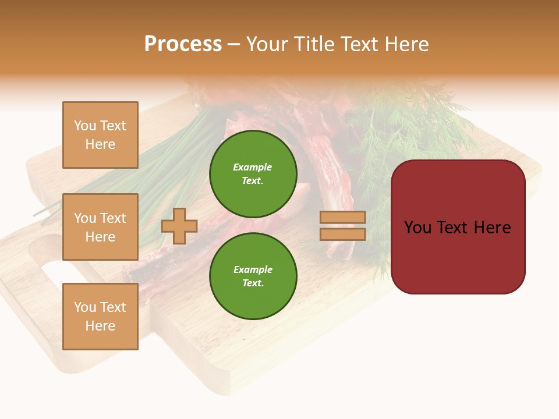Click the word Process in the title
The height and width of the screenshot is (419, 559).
point(183,44)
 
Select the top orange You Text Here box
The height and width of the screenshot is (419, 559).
point(100,135)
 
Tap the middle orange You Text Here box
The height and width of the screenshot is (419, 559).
point(100,227)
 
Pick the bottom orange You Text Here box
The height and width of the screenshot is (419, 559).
point(100,317)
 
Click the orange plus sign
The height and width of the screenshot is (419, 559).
point(179,226)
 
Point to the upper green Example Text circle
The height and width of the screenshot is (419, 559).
point(253,173)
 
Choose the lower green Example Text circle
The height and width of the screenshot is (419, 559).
point(253,276)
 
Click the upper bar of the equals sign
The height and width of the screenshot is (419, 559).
point(342,217)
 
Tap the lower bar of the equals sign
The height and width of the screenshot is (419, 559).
point(342,235)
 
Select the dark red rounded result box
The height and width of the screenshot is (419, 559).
point(458,227)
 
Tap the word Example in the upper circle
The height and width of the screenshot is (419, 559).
point(253,167)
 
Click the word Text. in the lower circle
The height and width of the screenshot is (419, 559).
point(253,283)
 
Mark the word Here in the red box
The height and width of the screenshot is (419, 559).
point(492,227)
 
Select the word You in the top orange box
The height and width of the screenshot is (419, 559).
point(85,126)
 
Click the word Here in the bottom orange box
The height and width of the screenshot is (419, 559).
point(100,326)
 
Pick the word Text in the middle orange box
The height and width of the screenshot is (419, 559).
point(112,218)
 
